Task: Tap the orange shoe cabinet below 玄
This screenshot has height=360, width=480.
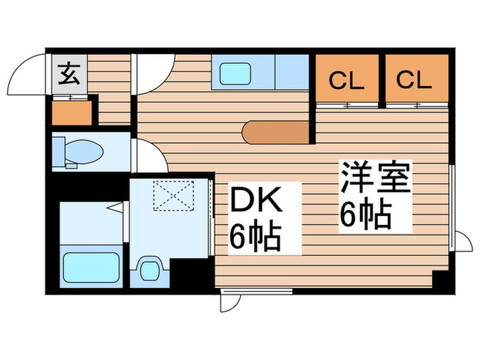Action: [71, 111]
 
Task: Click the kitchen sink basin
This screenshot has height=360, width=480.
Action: [235, 73]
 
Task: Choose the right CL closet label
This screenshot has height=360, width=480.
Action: [414, 80]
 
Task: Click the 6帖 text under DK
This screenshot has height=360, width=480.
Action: [254, 237]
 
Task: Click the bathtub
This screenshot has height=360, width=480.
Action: [92, 266]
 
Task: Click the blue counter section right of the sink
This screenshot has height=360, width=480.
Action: [291, 71]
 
